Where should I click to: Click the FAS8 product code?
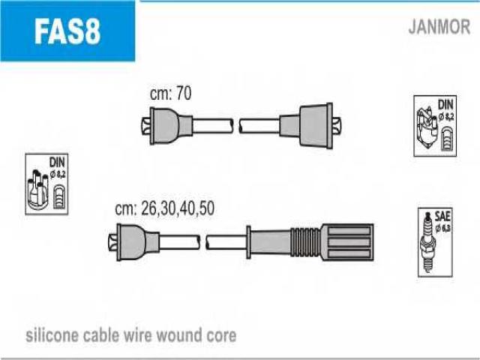coord(67,32)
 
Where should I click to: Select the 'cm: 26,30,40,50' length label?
coord(164,209)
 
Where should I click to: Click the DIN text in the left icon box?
coord(57,162)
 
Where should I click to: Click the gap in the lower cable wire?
coord(202,241)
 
